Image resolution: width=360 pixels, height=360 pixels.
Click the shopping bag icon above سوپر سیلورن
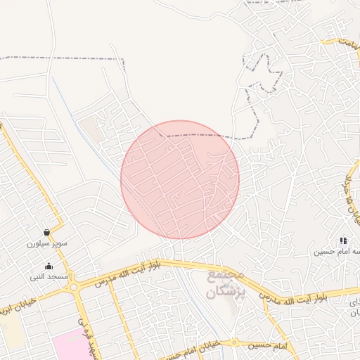click(x=46, y=232)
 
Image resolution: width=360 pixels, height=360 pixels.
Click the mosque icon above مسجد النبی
click(x=49, y=266)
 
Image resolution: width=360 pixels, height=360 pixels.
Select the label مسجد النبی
click(x=49, y=277)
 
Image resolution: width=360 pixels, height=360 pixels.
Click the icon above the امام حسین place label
click(x=343, y=240)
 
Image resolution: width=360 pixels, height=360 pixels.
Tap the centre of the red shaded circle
click(x=180, y=179)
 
